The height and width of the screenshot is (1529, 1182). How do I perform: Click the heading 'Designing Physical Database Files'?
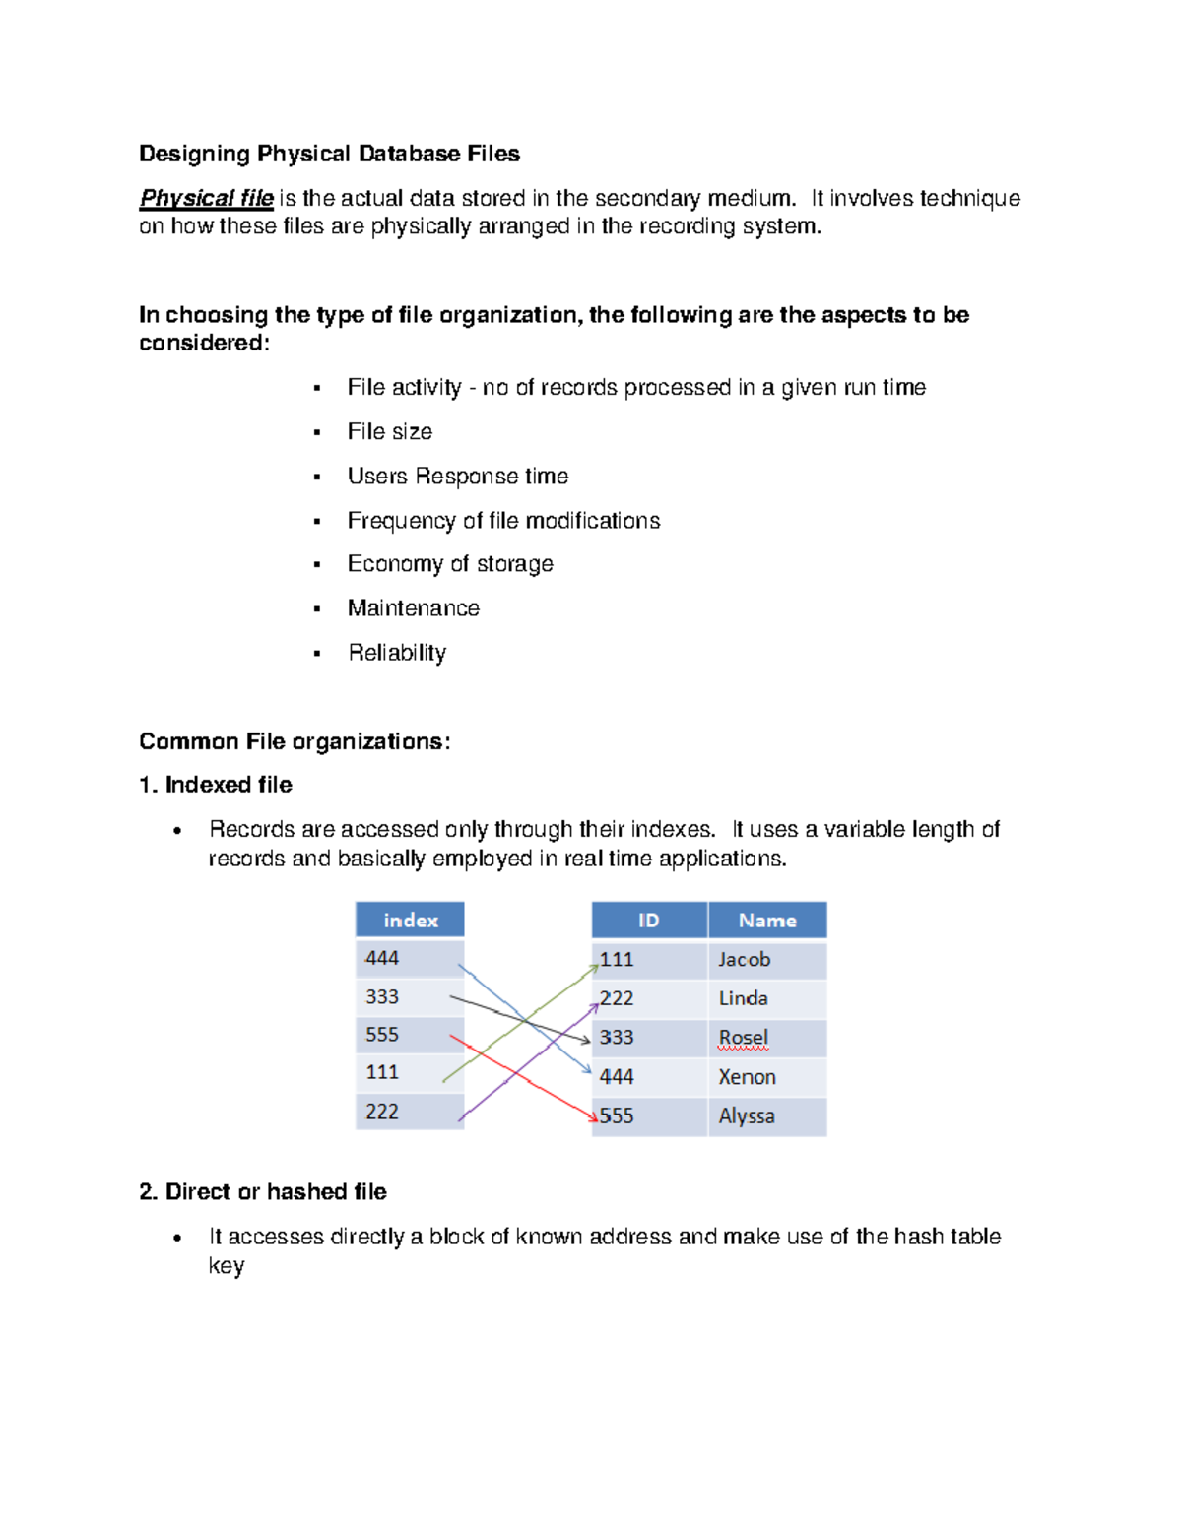329,154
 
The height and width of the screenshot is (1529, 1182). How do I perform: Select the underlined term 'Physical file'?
206,198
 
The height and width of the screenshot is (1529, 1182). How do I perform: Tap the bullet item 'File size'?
389,431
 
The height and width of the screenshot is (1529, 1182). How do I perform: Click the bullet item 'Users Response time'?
457,476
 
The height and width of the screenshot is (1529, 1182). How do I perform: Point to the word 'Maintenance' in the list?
413,607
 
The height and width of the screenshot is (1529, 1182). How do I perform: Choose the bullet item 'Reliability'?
396,652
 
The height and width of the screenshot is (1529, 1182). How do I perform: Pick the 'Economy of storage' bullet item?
449,563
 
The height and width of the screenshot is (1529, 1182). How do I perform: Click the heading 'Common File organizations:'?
295,741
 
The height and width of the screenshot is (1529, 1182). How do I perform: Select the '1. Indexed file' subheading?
216,785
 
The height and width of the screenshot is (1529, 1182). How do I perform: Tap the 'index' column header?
410,920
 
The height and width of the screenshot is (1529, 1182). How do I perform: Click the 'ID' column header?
648,920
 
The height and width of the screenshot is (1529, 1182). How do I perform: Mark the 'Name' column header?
766,920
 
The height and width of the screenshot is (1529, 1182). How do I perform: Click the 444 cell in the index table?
382,958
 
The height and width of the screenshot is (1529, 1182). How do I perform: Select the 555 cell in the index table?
382,1035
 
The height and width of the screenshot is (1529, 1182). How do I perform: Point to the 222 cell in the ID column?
618,998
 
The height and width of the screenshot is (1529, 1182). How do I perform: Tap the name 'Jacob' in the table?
744,959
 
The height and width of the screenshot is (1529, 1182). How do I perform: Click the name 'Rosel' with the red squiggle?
743,1038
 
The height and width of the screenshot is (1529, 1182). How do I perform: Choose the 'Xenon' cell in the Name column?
747,1077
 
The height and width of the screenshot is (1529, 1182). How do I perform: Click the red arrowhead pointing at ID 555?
593,1117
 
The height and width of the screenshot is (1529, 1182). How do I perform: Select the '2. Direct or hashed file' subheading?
263,1191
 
